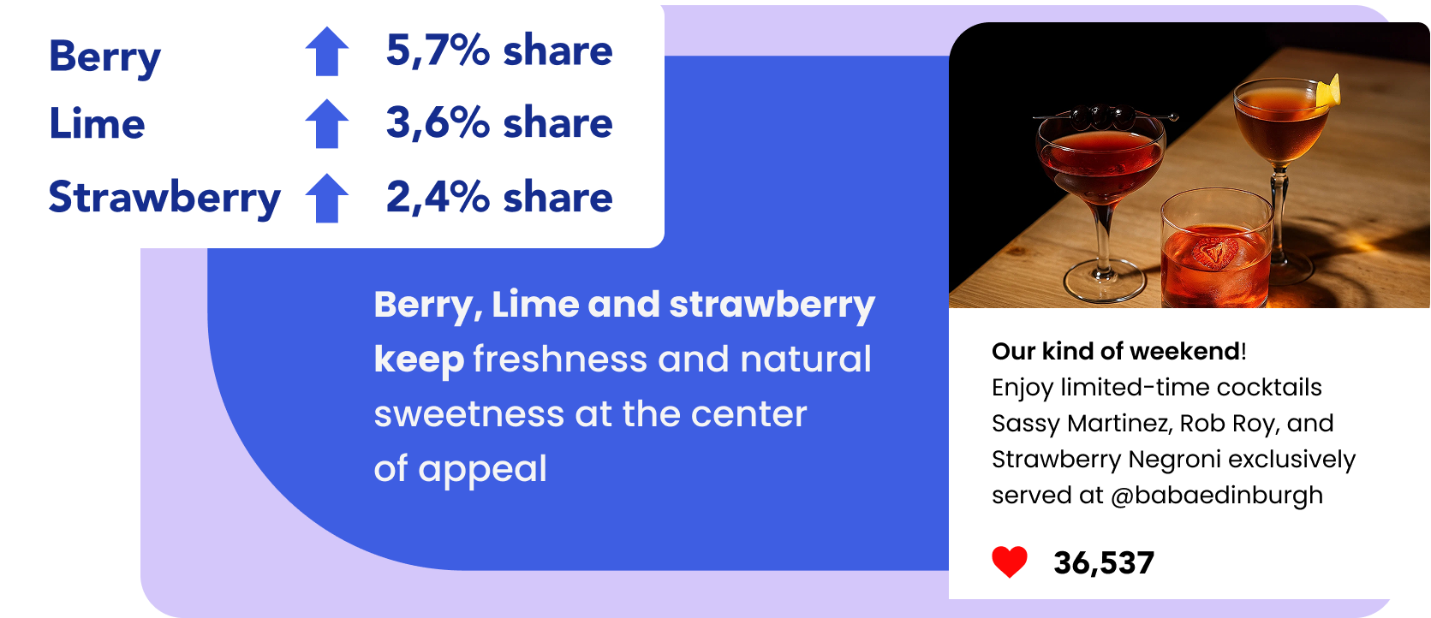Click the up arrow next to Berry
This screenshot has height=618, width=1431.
click(x=327, y=51)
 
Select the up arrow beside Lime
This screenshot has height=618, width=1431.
click(x=327, y=124)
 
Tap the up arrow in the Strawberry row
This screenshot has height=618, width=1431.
click(x=327, y=198)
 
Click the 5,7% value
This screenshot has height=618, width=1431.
click(x=438, y=51)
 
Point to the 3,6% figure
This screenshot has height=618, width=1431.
click(x=438, y=123)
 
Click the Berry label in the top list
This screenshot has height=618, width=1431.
click(x=104, y=57)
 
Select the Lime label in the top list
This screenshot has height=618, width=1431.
click(x=97, y=123)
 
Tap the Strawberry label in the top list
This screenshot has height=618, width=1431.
click(x=164, y=198)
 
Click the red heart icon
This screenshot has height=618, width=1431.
click(x=1010, y=562)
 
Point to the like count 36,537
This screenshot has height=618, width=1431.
click(x=1104, y=563)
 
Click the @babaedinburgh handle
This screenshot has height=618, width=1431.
click(x=1217, y=496)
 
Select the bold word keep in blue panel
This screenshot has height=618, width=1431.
click(x=419, y=360)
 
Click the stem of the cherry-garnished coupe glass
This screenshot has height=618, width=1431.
click(x=1103, y=236)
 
